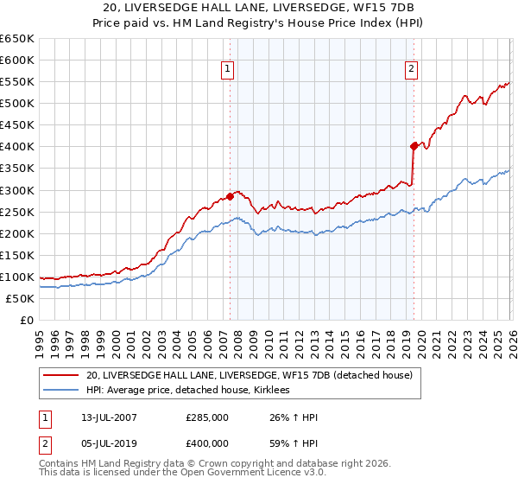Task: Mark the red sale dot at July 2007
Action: [230, 195]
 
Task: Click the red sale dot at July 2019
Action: [414, 146]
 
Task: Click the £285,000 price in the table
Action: [207, 417]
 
